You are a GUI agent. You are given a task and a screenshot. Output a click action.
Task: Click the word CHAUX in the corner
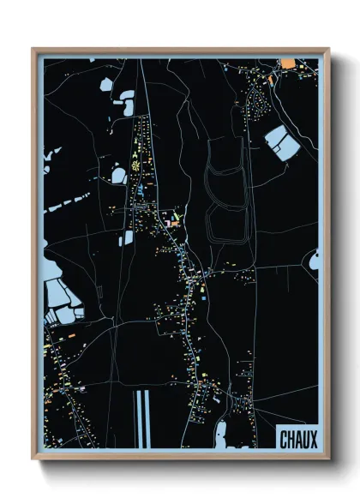297,439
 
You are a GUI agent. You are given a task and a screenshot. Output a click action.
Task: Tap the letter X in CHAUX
313,439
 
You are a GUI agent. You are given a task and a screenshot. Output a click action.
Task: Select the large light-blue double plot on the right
281,142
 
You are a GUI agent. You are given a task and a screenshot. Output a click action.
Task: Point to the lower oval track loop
225,221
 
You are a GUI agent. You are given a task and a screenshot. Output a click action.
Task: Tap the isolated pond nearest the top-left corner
105,84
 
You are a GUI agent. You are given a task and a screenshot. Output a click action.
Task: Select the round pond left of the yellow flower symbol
118,176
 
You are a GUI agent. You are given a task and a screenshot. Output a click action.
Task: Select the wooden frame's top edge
180,51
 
